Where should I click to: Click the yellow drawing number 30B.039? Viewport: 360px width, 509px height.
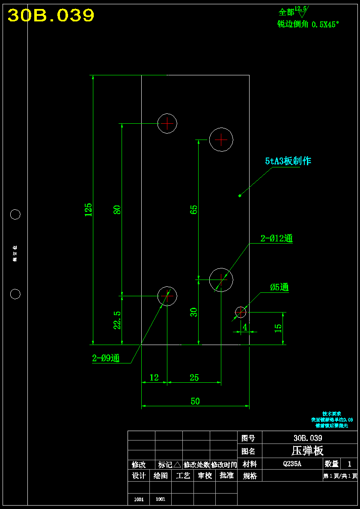(x=51, y=16)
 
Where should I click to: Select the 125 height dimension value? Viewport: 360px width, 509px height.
(x=88, y=209)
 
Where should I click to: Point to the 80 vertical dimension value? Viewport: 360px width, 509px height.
(x=117, y=209)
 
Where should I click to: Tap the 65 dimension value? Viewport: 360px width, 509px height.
(x=194, y=209)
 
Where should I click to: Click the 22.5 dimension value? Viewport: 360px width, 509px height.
(x=117, y=320)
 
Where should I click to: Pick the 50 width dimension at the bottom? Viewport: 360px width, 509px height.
(x=195, y=401)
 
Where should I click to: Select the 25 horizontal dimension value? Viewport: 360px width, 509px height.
(x=194, y=378)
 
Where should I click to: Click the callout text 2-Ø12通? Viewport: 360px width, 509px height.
(x=277, y=238)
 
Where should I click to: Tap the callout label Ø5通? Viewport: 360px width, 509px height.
(x=279, y=287)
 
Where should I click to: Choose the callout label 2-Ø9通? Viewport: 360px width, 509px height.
(x=106, y=359)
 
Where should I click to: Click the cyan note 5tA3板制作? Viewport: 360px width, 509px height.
(x=288, y=161)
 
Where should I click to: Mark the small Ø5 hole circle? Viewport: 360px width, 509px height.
(x=241, y=312)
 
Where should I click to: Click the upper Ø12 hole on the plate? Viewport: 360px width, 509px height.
(x=221, y=140)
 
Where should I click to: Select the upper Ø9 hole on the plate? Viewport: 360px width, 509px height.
(x=167, y=123)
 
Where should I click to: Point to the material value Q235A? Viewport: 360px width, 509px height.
(x=292, y=463)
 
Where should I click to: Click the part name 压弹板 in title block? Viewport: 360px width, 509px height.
(x=307, y=450)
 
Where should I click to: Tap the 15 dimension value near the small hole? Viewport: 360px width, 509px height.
(x=278, y=328)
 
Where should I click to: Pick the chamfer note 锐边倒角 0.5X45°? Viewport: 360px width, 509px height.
(x=308, y=24)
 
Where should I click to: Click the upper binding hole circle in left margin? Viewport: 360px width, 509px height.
(x=15, y=214)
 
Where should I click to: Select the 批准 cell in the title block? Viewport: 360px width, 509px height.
(x=226, y=475)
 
